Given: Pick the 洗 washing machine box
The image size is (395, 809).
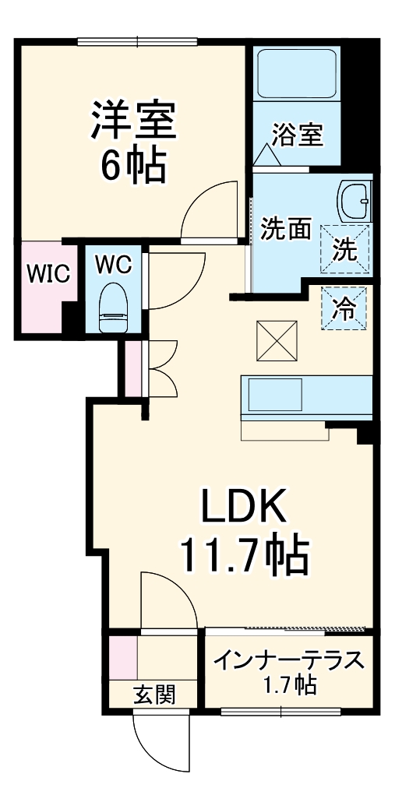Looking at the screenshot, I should pyautogui.click(x=345, y=248).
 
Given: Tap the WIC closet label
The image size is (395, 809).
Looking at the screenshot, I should pyautogui.click(x=48, y=273).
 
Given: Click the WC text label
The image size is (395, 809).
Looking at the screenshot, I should pyautogui.click(x=113, y=263).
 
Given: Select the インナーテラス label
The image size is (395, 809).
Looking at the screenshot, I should pyautogui.click(x=290, y=661).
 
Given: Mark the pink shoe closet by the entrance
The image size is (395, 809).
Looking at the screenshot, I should pyautogui.click(x=122, y=658).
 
